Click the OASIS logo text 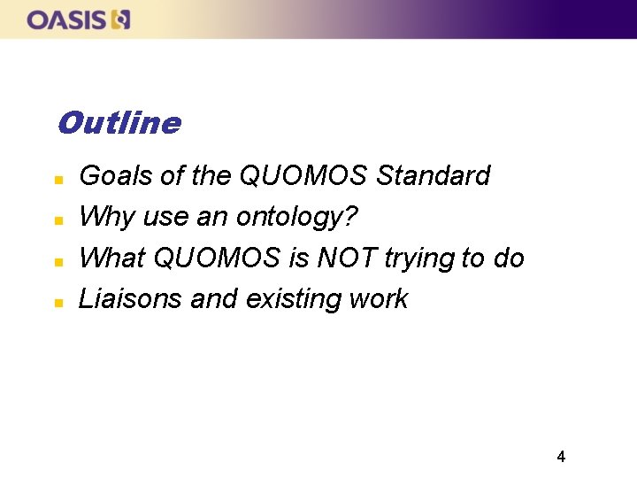coord(67,19)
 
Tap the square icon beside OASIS coord(121,19)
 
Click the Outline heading coord(119,123)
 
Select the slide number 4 coord(561,457)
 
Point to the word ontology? coord(301,217)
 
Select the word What coord(112,258)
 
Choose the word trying coord(419,258)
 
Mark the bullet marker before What coord(58,261)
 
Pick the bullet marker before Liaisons coord(58,302)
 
